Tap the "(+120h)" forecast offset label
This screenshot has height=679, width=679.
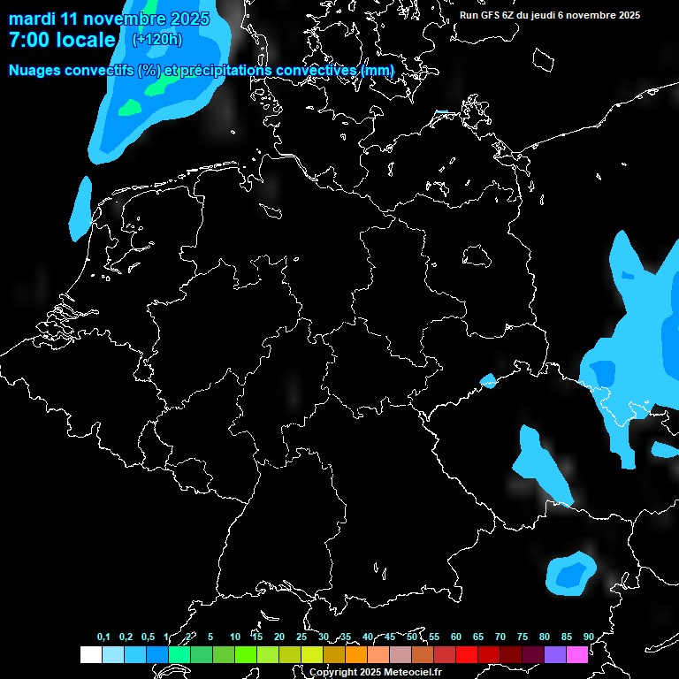pos(158,40)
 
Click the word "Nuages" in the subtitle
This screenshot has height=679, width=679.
pos(36,70)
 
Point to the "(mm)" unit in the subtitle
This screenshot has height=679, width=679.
pos(378,70)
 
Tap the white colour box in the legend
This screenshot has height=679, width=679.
pos(90,654)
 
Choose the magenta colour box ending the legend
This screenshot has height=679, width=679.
pos(577,654)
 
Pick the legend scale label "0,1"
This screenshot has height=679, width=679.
pos(103,637)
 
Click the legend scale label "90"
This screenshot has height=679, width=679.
pos(588,637)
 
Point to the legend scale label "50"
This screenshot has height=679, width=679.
pos(412,637)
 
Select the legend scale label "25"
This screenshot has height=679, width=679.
pos(301,637)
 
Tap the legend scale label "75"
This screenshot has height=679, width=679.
pos(523,637)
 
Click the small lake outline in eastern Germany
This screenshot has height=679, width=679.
pos(477,256)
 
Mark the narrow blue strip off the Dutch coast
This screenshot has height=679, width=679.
pos(81,209)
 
